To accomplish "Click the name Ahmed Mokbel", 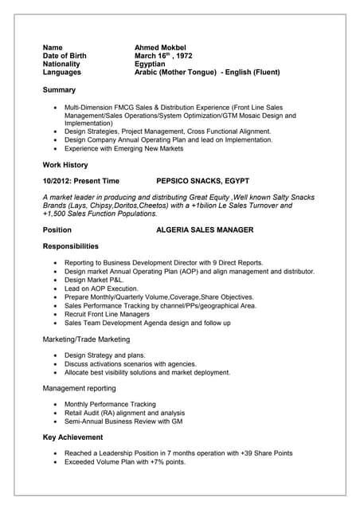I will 160,47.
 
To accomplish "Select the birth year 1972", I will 183,56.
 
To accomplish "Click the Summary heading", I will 59,90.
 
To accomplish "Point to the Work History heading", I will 65,165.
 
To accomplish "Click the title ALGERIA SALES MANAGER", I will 205,230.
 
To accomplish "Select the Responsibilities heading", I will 71,246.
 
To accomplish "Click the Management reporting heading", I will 79,388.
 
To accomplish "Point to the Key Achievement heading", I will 72,437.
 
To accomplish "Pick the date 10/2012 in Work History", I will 57,181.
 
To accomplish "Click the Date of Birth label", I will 65,56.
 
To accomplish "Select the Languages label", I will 62,73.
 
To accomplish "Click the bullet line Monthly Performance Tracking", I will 110,404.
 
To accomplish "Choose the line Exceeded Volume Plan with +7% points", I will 125,461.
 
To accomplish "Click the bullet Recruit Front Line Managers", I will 107,314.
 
